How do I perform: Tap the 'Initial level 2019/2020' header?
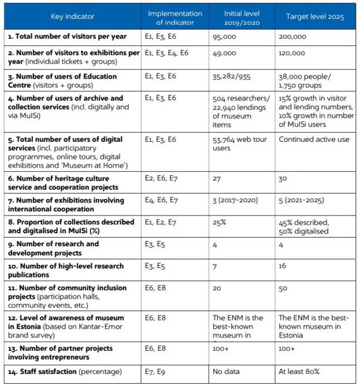[x=243, y=17]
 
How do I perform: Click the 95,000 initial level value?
[x=225, y=37]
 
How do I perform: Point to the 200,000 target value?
[x=293, y=37]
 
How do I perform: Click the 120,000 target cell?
[x=292, y=53]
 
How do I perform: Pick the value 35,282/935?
[x=232, y=77]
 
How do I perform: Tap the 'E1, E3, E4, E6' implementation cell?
[x=167, y=53]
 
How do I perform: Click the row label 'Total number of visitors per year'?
[x=67, y=37]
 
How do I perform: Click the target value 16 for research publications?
[x=283, y=267]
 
